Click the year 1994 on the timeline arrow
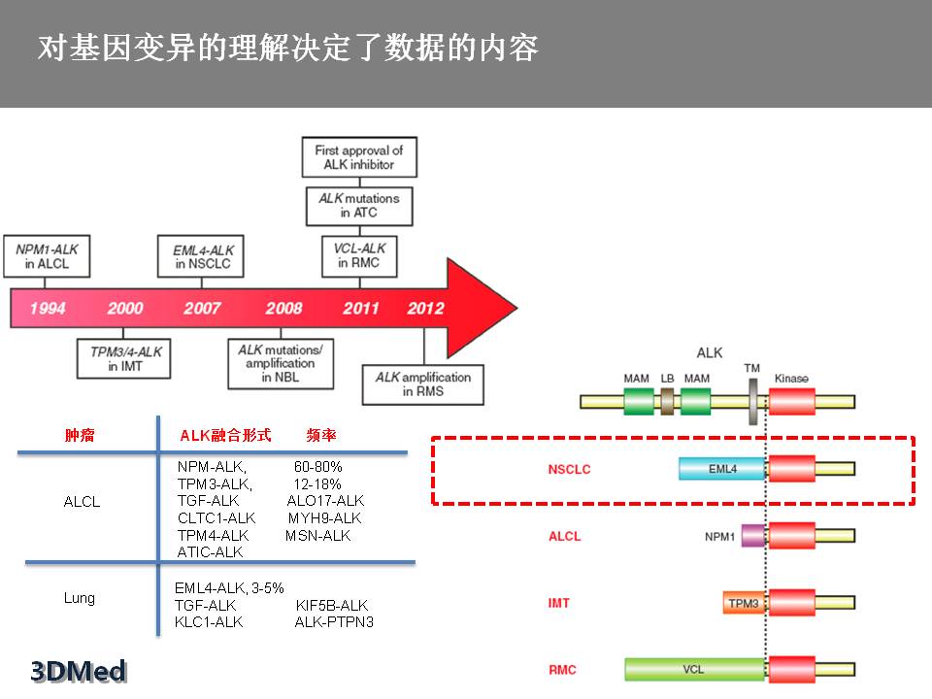pyautogui.click(x=48, y=309)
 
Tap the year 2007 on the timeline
pyautogui.click(x=202, y=309)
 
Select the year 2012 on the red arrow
pyautogui.click(x=425, y=309)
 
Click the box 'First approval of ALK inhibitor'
pyautogui.click(x=358, y=157)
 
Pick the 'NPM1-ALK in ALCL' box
pyautogui.click(x=47, y=256)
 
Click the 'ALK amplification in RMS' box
pyautogui.click(x=422, y=383)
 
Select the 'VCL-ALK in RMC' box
pyautogui.click(x=359, y=256)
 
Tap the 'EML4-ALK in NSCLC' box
pyautogui.click(x=202, y=256)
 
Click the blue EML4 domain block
pyautogui.click(x=723, y=470)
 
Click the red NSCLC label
pyautogui.click(x=569, y=470)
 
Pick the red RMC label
pyautogui.click(x=562, y=670)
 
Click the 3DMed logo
pyautogui.click(x=79, y=671)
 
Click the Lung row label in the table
pyautogui.click(x=80, y=598)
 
